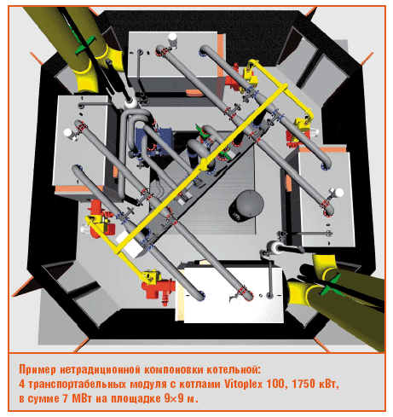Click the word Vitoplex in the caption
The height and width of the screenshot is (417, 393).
tap(244, 384)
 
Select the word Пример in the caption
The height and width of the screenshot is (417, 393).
tap(38, 370)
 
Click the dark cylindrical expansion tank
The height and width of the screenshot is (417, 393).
tap(246, 206)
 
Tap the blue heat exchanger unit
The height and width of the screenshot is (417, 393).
tap(154, 140)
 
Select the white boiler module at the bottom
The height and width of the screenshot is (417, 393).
tap(230, 294)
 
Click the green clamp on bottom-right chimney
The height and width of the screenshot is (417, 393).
tap(330, 285)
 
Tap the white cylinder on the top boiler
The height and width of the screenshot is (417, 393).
tap(172, 38)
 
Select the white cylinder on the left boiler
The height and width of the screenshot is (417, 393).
tap(69, 133)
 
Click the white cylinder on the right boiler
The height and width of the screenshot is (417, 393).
tap(338, 193)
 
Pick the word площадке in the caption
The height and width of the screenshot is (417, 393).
tap(136, 398)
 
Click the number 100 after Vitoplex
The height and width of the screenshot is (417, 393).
tap(275, 384)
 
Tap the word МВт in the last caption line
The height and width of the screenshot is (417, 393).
tap(82, 398)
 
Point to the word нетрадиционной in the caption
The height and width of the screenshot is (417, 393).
tap(101, 370)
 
